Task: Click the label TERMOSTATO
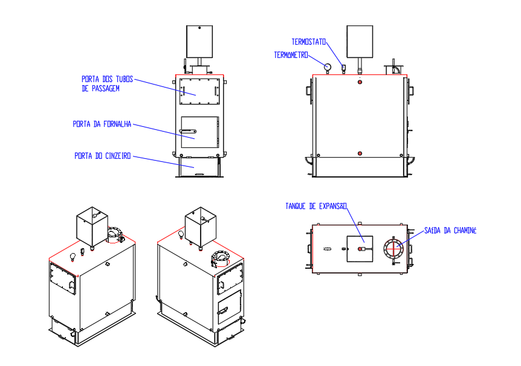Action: click(309, 42)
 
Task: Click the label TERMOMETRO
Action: click(291, 55)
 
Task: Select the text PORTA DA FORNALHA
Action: click(102, 124)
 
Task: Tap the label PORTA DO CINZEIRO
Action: click(102, 156)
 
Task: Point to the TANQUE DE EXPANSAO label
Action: click(316, 207)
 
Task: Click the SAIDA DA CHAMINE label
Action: click(450, 231)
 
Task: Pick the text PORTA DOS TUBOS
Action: click(107, 79)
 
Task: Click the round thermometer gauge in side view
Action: click(328, 66)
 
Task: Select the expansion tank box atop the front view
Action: click(199, 40)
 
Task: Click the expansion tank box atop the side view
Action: click(360, 41)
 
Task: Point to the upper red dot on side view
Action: click(360, 82)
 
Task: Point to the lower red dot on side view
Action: click(360, 153)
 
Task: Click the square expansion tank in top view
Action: click(360, 248)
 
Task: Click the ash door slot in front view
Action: click(199, 175)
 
